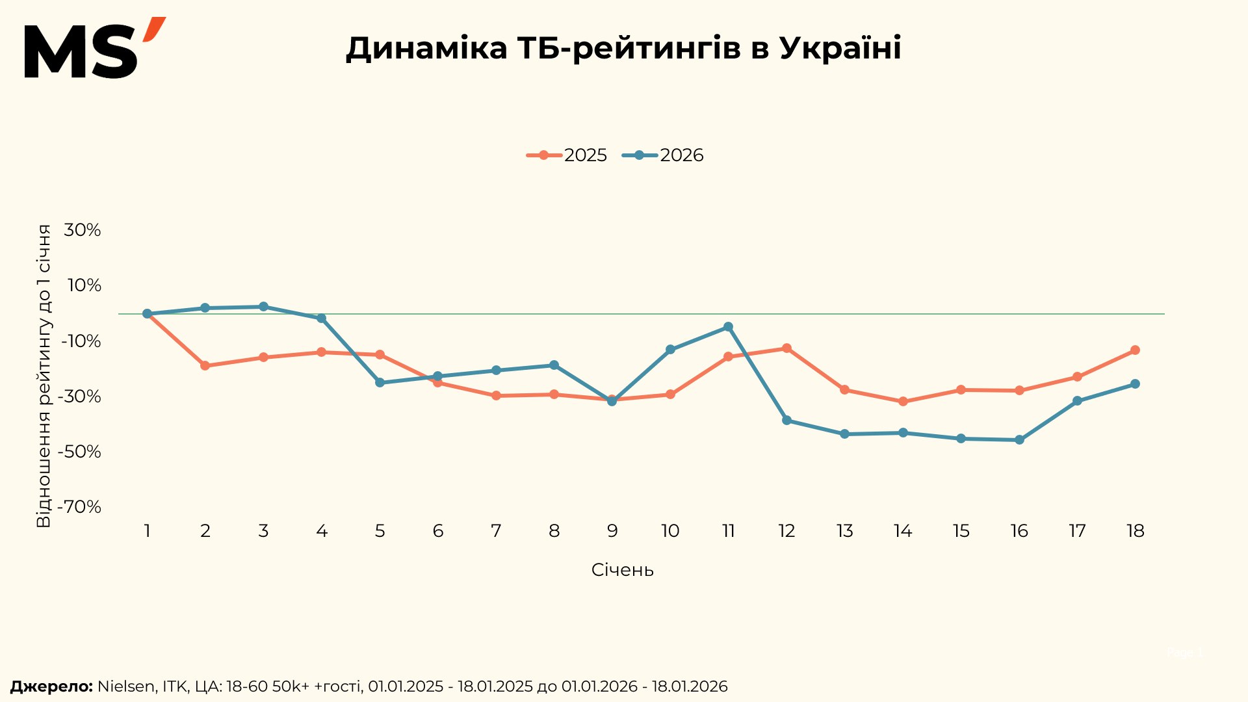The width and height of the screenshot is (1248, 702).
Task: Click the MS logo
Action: click(x=94, y=49)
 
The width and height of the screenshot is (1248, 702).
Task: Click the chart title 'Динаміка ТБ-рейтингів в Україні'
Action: click(x=623, y=48)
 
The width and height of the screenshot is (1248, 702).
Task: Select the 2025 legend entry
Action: click(x=567, y=155)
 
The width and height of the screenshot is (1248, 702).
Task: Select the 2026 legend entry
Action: click(x=663, y=155)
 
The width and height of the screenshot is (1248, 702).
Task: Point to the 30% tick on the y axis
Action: click(x=83, y=230)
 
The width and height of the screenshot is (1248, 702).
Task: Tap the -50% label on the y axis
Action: click(x=80, y=452)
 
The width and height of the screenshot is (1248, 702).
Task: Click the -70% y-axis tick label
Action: click(x=80, y=507)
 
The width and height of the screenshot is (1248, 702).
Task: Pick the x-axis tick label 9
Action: click(x=612, y=532)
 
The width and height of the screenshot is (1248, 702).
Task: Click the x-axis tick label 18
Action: click(x=1135, y=532)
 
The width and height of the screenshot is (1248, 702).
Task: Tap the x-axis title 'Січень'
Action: click(x=622, y=570)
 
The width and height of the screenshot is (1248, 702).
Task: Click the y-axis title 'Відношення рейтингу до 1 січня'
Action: click(x=44, y=376)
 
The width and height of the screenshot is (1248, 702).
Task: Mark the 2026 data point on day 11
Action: click(x=728, y=327)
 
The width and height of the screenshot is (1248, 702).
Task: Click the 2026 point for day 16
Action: click(x=1019, y=440)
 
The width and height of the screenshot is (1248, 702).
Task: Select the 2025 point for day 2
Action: click(x=205, y=366)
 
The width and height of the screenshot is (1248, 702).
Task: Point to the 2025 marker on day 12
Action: click(x=786, y=348)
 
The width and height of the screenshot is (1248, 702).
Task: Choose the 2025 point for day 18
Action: click(x=1135, y=350)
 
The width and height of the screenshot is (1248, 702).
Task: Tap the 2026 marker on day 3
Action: click(x=263, y=307)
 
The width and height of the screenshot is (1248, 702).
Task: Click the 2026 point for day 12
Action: click(x=786, y=421)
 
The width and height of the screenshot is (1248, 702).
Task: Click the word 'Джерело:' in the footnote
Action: click(x=51, y=686)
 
